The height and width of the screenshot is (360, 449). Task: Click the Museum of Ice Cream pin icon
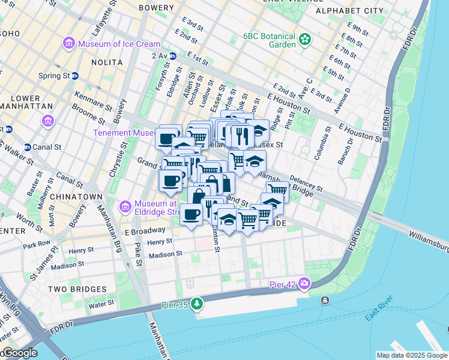[68, 44]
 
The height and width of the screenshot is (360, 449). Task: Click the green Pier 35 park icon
[196, 304]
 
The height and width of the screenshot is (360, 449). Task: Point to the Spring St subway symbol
[75, 76]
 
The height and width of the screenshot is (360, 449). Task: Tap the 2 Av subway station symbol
[173, 56]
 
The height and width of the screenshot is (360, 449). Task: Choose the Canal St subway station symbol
[27, 147]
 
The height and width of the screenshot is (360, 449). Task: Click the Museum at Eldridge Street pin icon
[125, 207]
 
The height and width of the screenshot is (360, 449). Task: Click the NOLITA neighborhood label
[107, 62]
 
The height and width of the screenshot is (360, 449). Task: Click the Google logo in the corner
[19, 353]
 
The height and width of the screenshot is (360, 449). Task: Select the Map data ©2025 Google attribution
[411, 355]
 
